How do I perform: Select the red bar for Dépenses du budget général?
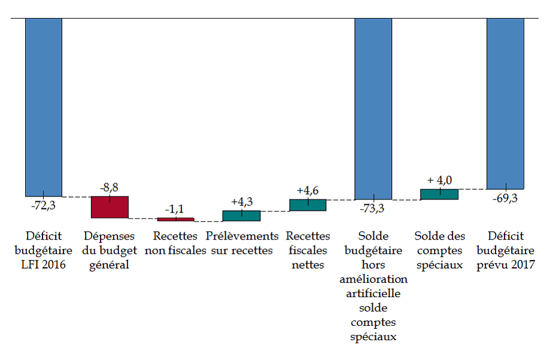[110, 207]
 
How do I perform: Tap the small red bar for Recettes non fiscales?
[175, 219]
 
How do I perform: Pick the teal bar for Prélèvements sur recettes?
[241, 216]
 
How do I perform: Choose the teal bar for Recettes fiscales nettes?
[308, 205]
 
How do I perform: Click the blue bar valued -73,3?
[373, 108]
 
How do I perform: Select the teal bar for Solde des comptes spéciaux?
[439, 194]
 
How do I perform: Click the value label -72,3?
[44, 205]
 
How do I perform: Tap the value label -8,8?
[109, 188]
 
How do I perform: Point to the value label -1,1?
[175, 210]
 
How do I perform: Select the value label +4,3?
[241, 202]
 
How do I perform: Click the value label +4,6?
[308, 191]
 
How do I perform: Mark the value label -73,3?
[373, 208]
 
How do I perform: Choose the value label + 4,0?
[439, 180]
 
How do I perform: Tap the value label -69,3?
[505, 198]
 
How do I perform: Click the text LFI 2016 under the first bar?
[44, 264]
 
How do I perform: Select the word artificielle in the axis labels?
[373, 294]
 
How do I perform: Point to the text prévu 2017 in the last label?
[506, 264]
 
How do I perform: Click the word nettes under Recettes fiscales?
[308, 264]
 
